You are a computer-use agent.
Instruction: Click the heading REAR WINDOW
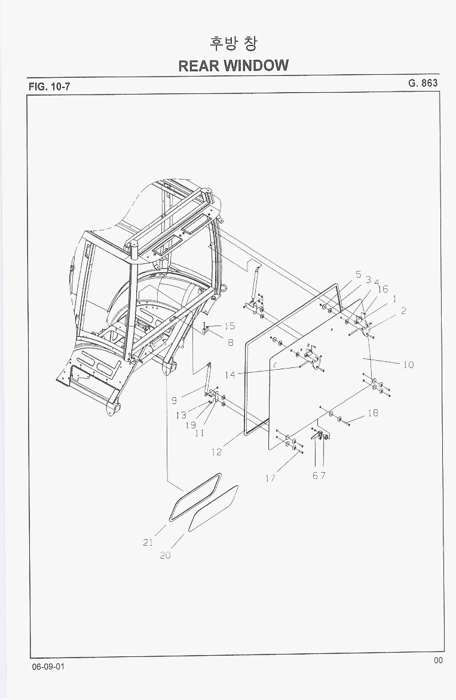point(233,66)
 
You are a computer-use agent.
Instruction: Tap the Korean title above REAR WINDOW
point(232,43)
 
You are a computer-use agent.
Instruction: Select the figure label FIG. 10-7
point(49,87)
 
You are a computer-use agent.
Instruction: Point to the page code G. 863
point(423,83)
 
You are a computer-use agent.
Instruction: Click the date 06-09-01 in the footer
point(48,666)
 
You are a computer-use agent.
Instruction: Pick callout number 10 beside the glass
point(408,365)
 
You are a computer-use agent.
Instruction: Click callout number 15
point(229,326)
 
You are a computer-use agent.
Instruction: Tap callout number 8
point(231,343)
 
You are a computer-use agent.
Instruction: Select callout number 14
point(229,375)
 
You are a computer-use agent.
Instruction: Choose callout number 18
point(373,413)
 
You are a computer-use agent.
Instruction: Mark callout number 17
point(270,478)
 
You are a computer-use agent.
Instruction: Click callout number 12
point(216,452)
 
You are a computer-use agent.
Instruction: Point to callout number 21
point(148,543)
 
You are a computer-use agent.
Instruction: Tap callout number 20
point(165,555)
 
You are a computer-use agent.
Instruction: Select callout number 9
point(175,401)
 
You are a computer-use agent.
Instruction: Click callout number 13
point(181,416)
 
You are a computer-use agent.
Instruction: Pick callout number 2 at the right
point(403,311)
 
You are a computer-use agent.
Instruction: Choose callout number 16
point(383,290)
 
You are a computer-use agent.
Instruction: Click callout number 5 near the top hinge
point(359,275)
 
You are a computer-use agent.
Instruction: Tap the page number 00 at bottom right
point(438,661)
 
